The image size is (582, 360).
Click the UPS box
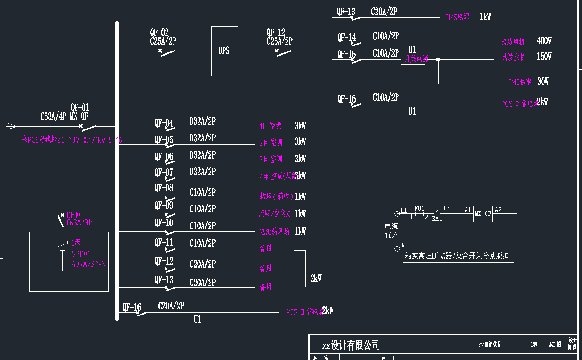pos(224,51)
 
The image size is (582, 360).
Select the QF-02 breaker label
pos(159,32)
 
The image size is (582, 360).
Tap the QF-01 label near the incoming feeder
pos(80,108)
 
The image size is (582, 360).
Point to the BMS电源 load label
pos(457,17)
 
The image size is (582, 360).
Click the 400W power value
pos(544,41)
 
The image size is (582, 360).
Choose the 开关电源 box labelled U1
pos(413,59)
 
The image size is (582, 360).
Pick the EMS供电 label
pos(519,82)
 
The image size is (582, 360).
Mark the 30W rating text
pos(543,82)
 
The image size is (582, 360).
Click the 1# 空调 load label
pos(271,126)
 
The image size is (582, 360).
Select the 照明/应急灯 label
pos(275,213)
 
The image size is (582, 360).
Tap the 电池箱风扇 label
pos(275,231)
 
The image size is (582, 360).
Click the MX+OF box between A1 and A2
pos(483,213)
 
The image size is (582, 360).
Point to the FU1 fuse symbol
pos(419,214)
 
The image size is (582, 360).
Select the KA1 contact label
pos(437,219)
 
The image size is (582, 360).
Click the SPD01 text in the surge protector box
pos(81,254)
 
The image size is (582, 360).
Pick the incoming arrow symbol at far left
pos(12,126)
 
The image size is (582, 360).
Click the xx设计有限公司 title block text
pos(351,345)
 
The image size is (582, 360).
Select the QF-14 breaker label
pos(346,37)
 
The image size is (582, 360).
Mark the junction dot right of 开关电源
pos(438,59)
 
